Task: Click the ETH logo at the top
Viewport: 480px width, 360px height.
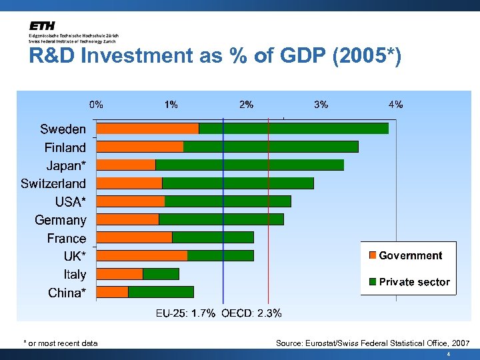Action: point(42,25)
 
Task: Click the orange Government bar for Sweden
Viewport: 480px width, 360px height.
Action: point(147,128)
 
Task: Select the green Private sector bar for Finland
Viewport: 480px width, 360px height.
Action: point(271,147)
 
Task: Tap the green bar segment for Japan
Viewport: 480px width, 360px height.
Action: point(249,165)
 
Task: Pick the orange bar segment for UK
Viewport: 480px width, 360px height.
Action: point(142,255)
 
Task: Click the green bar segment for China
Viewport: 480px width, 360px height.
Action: point(161,291)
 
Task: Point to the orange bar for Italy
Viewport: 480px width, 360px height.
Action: point(120,273)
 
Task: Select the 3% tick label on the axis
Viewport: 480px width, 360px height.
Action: point(321,104)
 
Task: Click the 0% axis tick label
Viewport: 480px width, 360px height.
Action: point(97,104)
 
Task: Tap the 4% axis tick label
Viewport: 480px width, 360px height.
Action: point(396,104)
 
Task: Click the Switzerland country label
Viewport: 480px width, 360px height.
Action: point(53,183)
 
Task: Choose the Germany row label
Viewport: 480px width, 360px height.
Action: point(60,220)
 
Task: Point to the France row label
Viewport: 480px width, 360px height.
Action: point(67,238)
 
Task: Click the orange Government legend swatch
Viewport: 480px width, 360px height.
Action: point(373,255)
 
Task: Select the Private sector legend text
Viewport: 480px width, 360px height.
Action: point(414,282)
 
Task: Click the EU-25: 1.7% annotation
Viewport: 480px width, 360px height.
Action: point(185,313)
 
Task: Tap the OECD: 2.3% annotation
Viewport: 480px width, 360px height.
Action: point(251,313)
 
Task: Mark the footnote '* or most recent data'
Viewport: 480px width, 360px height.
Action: point(61,343)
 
